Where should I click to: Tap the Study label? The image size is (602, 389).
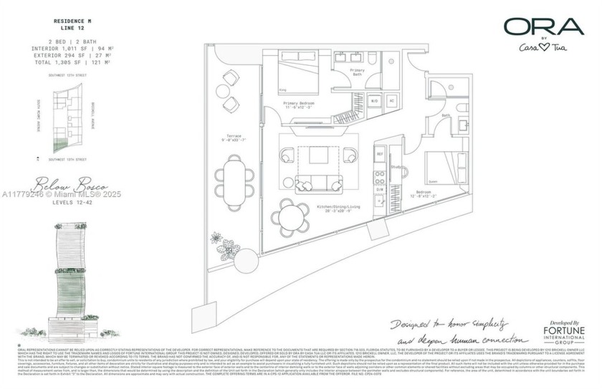(x=395, y=167)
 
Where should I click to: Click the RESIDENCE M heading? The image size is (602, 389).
(x=73, y=23)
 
